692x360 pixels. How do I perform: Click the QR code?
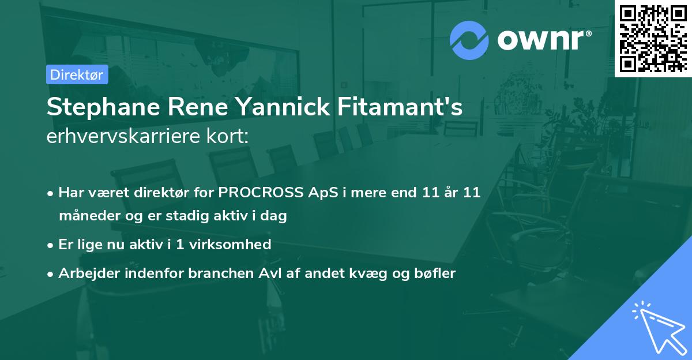click(653, 38)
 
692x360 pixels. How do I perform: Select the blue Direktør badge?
click(77, 74)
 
